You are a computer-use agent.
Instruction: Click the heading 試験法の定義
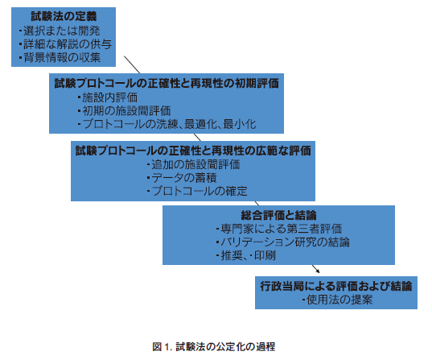[64, 16]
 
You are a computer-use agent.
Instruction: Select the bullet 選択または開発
[60, 31]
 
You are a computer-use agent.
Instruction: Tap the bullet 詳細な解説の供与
[65, 44]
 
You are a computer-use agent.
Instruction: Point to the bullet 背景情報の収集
[60, 57]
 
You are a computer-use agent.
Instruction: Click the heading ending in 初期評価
[167, 83]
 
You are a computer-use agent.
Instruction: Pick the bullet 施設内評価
[108, 97]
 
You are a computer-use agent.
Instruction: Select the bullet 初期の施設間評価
[124, 110]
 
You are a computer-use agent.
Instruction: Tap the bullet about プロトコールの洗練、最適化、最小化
[167, 124]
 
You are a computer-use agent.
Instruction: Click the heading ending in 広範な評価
[193, 151]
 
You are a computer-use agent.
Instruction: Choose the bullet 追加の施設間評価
[193, 164]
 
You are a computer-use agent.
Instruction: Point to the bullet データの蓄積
[182, 178]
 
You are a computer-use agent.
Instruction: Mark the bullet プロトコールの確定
[197, 191]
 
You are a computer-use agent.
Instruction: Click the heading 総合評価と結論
[278, 215]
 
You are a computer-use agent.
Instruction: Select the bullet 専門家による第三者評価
[279, 229]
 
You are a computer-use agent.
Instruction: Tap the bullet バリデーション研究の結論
[283, 242]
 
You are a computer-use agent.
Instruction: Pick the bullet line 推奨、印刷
[246, 255]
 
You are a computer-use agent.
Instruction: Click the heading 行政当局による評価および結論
[336, 286]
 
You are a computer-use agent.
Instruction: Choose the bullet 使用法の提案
[337, 300]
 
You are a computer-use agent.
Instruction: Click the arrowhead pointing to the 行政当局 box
[319, 271]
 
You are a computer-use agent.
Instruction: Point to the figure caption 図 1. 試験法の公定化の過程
[214, 346]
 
